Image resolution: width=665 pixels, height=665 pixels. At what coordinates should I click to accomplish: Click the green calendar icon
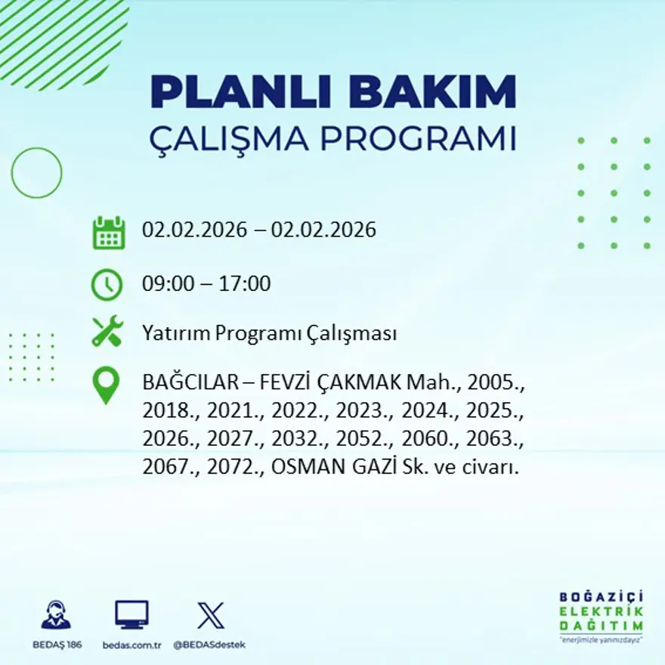pos(108,233)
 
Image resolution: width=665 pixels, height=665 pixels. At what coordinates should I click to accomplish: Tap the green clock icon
pos(107,285)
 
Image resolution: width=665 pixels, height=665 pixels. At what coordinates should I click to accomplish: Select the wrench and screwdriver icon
pos(107,332)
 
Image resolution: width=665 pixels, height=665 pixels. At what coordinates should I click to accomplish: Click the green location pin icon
pos(106,385)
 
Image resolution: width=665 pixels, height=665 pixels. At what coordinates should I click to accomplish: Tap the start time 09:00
pos(167,284)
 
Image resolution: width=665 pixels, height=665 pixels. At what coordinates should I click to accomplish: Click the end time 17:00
pos(245,284)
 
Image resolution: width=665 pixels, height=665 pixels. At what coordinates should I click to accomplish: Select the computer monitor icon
pos(131,614)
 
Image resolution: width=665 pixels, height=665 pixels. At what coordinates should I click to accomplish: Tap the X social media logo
pos(210,614)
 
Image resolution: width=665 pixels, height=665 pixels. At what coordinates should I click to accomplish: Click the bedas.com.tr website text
pos(132,645)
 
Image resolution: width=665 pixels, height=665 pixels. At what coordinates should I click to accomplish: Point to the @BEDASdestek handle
pos(210,645)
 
